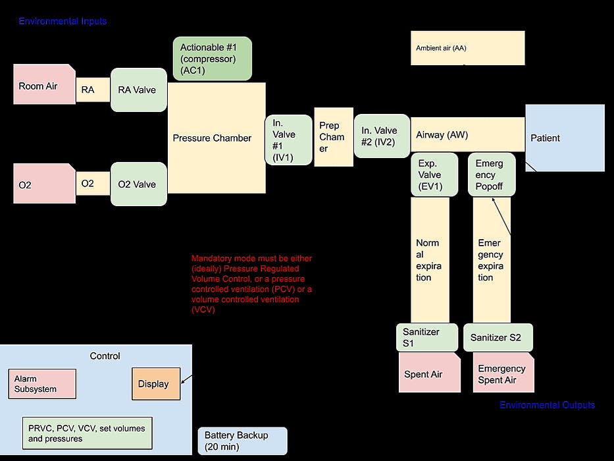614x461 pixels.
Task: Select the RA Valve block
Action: click(138, 90)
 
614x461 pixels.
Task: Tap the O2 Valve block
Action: click(138, 184)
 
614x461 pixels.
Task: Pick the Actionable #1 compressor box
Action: click(212, 59)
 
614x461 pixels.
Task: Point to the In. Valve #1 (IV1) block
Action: click(288, 140)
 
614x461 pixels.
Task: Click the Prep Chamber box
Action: click(334, 137)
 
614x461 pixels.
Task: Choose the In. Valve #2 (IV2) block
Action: click(381, 136)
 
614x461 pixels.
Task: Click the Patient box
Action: click(565, 138)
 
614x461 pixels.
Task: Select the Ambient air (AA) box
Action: click(467, 48)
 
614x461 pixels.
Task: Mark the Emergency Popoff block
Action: click(492, 175)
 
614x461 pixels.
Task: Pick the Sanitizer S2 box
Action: click(498, 337)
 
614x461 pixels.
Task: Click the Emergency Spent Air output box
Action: click(503, 373)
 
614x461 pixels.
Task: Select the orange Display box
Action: click(155, 384)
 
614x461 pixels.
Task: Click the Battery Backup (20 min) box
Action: click(242, 441)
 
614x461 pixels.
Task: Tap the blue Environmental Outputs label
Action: click(547, 405)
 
